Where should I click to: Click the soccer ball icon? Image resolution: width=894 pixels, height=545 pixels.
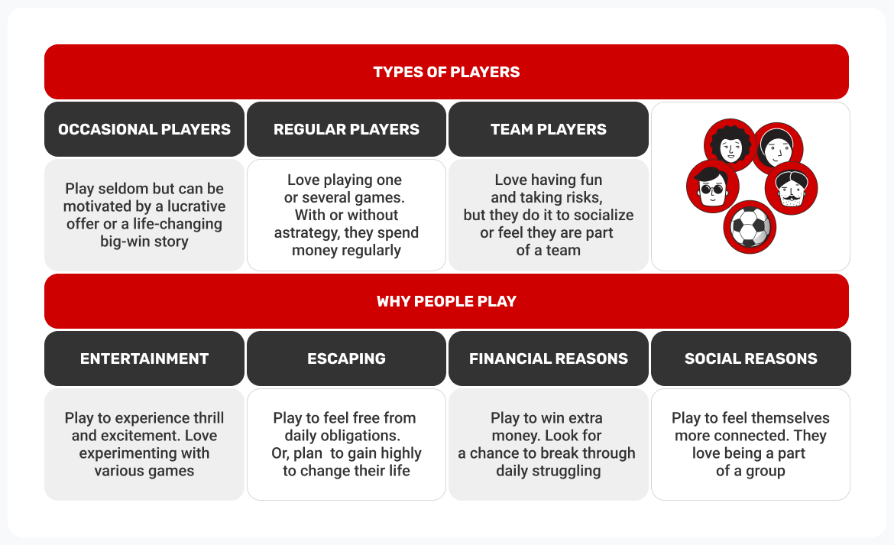[750, 226]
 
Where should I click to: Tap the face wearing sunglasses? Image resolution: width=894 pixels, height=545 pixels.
[712, 187]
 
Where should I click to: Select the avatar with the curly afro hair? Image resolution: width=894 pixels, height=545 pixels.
[730, 145]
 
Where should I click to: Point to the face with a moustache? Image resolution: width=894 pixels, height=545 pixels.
[791, 188]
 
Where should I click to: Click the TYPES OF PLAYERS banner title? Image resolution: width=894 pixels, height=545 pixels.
[446, 73]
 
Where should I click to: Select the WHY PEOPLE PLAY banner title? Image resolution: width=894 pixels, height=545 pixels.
[446, 301]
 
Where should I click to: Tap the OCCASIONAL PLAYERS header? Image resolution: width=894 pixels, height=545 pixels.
[144, 129]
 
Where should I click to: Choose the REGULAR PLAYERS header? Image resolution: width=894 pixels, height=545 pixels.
[346, 129]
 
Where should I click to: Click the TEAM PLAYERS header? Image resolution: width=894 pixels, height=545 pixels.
[549, 129]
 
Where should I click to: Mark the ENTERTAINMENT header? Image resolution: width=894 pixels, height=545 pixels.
[144, 358]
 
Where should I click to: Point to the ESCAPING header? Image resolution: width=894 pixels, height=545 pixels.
[346, 358]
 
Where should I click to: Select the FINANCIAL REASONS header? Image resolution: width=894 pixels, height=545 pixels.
[549, 358]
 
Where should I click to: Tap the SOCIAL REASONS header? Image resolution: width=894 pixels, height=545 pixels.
[750, 358]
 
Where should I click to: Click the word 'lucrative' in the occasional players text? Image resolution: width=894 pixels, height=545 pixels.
[197, 206]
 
